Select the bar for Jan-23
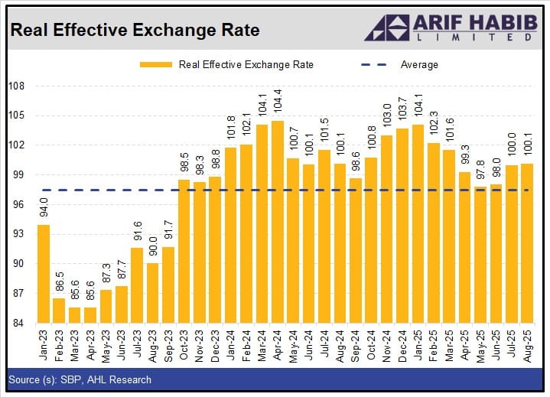[x=44, y=273]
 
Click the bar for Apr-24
[x=278, y=222]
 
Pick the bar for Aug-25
[x=526, y=243]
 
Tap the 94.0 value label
[x=44, y=207]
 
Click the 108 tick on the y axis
[x=17, y=86]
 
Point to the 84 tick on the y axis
[x=19, y=324]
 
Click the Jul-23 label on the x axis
[x=137, y=345]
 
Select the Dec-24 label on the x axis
[x=402, y=345]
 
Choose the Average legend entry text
[x=419, y=65]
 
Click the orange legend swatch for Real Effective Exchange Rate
[x=155, y=65]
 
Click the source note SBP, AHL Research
[x=80, y=379]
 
